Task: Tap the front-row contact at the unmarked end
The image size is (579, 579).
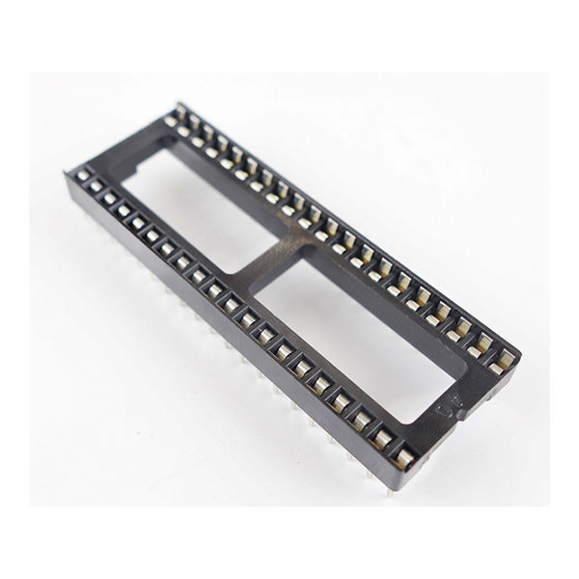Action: point(83,175)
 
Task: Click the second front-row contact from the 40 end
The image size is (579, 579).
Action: point(383,439)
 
